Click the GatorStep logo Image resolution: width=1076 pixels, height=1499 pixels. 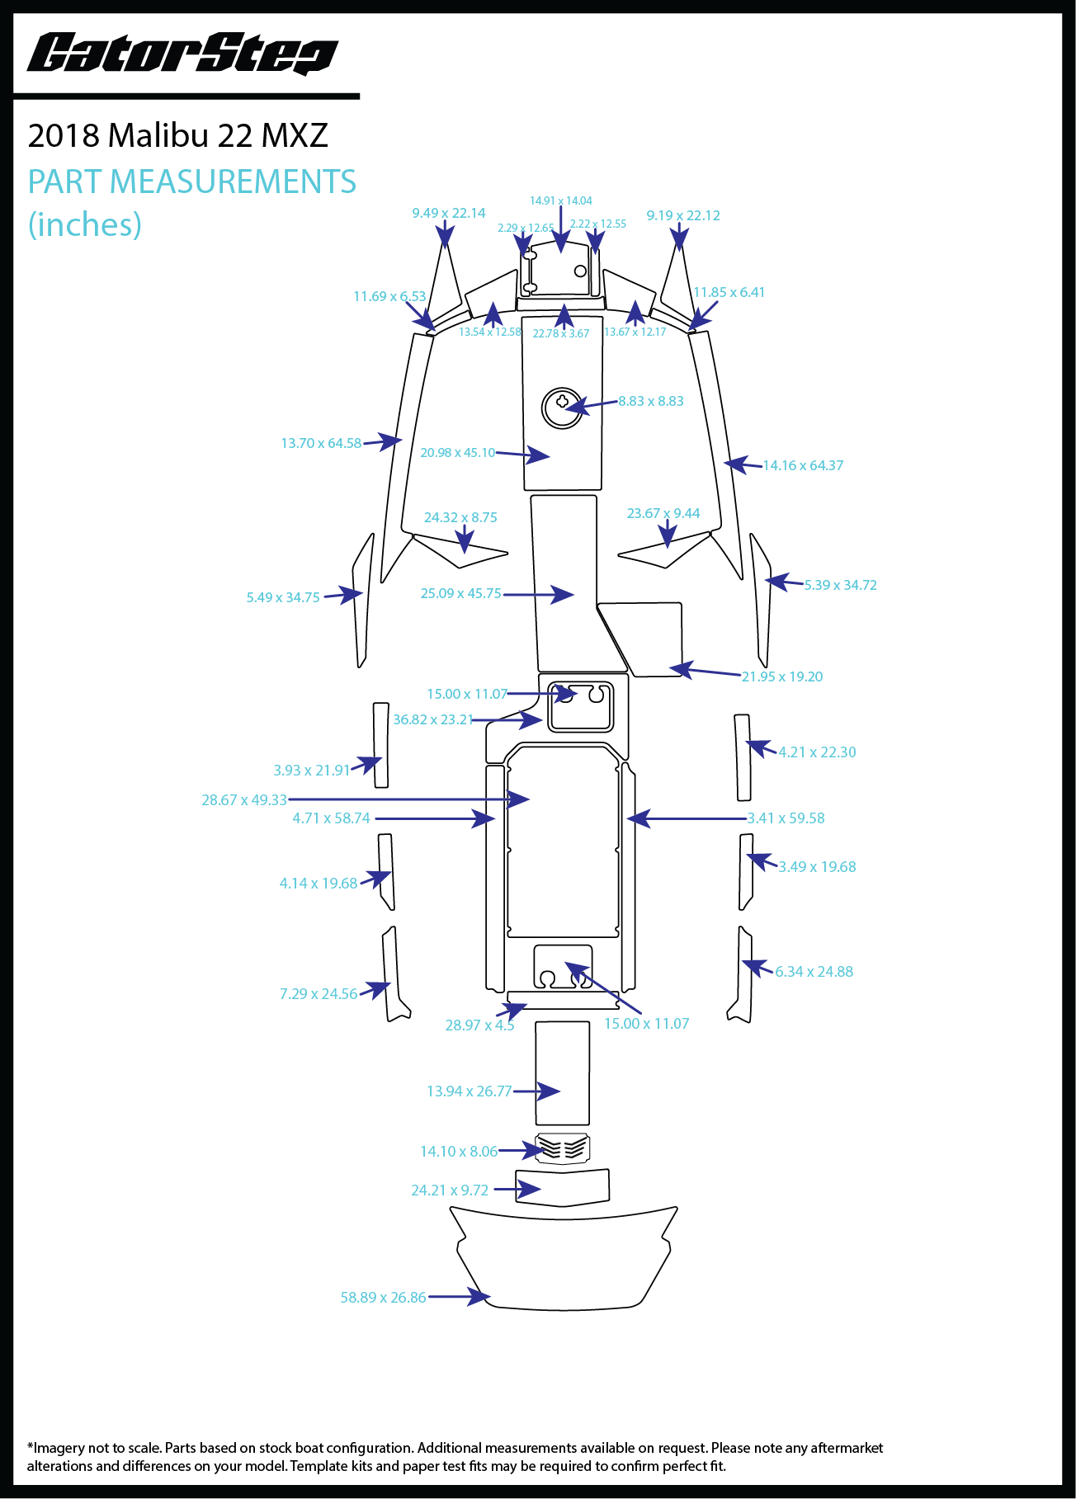pos(182,54)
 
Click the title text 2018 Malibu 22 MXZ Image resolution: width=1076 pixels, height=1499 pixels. pos(177,135)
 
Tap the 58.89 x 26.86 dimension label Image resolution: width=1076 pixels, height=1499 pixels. pos(383,1298)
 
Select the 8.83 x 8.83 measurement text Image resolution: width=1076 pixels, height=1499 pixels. pos(651,401)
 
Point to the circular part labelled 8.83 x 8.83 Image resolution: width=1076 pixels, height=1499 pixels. pos(562,408)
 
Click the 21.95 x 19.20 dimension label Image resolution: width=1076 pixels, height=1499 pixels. pos(781,676)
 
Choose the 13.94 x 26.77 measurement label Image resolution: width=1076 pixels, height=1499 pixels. pos(469,1091)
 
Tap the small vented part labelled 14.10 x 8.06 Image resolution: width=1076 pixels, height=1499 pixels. pos(563,1148)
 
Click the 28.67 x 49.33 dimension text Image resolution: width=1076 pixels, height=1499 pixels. pos(244,799)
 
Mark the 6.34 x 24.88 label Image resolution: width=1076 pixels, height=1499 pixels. pos(814,971)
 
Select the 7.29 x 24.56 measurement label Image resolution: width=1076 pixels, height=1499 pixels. pos(319,993)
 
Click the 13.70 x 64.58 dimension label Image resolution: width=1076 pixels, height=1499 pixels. pos(321,443)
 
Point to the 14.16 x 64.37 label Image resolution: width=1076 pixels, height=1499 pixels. pos(803,465)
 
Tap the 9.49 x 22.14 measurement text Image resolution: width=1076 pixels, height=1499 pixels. pos(449,213)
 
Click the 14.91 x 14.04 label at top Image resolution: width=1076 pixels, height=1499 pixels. pos(561,200)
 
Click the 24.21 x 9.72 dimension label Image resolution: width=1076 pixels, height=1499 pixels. pos(450,1190)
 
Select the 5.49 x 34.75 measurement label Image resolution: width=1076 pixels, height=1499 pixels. pos(283,597)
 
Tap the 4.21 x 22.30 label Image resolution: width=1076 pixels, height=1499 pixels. pos(817,752)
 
